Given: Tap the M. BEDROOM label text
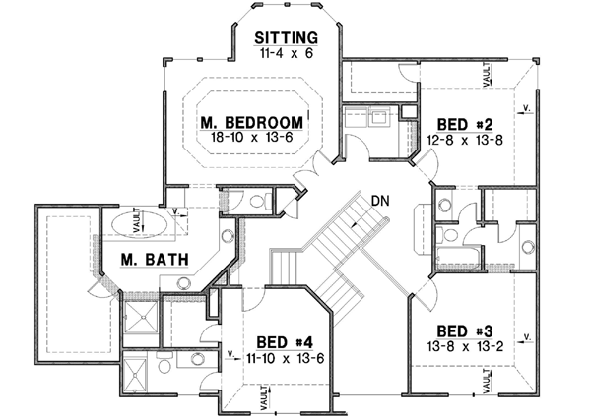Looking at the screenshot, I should [250, 123].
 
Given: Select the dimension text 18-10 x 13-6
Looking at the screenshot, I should [251, 139].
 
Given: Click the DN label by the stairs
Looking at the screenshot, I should [382, 202].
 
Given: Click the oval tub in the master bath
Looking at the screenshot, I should [134, 221].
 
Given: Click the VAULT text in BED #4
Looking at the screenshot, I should [264, 396].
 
